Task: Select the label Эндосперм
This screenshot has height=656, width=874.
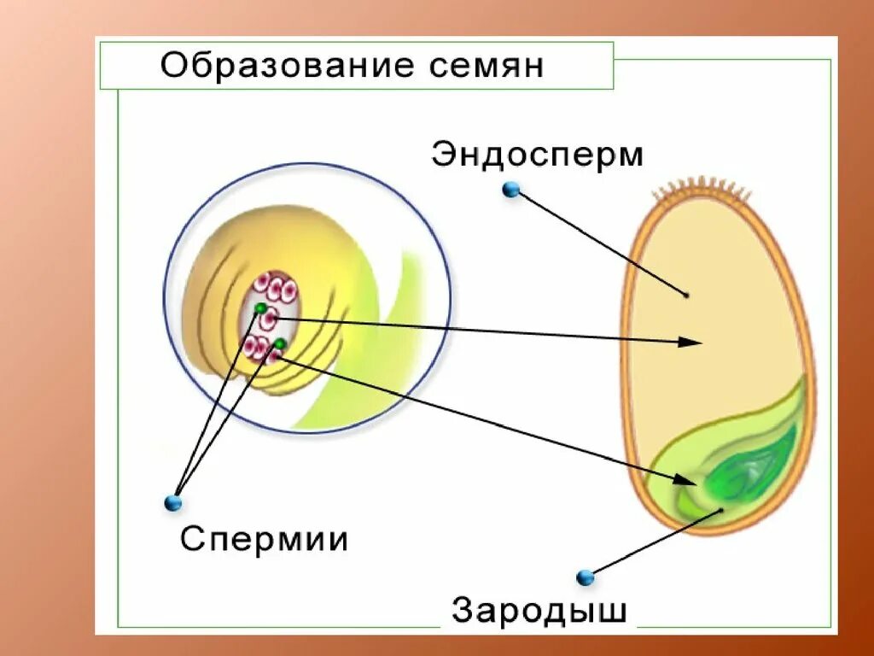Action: point(538,155)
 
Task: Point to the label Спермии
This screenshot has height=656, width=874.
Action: point(264,539)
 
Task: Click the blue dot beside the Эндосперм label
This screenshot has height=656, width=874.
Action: point(511,190)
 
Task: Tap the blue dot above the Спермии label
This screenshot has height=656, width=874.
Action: point(174,502)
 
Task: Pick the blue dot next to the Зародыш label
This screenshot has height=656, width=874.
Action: point(585,577)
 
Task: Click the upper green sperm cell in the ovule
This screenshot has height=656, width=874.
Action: point(260,308)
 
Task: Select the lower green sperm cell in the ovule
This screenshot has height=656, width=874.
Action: point(279,344)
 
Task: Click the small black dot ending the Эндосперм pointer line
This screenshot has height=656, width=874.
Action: point(686,296)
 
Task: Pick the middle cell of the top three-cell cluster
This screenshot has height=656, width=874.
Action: point(277,287)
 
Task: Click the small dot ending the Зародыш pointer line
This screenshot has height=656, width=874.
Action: point(722,510)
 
